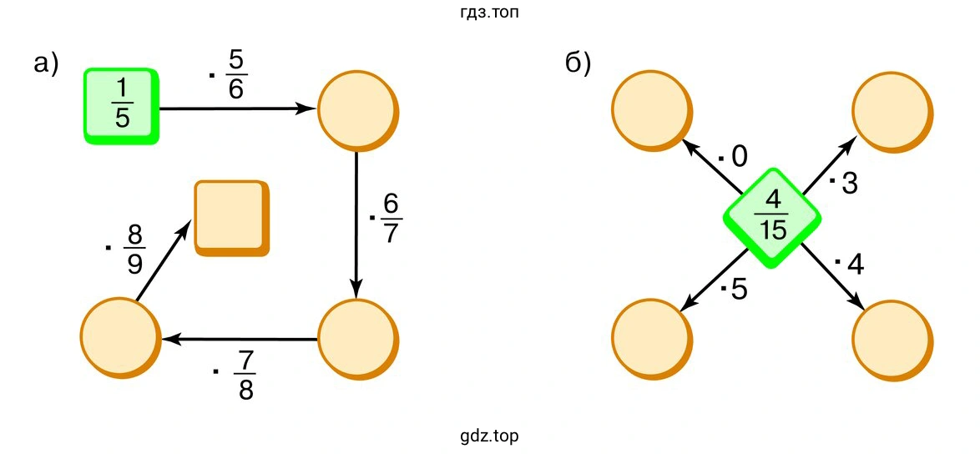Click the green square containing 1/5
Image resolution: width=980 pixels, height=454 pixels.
121,106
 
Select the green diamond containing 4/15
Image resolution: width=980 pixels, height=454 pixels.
772,218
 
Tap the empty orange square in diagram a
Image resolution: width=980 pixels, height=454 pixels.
232,218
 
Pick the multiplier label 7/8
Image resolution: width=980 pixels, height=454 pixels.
238,375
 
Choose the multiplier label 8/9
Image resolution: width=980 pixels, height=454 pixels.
128,250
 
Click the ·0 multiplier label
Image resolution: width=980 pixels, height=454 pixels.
733,158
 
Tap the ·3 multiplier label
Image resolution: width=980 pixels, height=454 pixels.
843,184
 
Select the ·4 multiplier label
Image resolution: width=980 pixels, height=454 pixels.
850,265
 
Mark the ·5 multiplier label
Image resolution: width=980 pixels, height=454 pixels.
734,290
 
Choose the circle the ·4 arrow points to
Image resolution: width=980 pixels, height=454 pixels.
893,340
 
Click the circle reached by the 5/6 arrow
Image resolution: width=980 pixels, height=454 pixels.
358,111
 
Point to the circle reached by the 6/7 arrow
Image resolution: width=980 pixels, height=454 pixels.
358,339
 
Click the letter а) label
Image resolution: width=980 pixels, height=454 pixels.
46,64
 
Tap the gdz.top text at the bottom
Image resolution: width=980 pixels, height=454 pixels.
490,436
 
